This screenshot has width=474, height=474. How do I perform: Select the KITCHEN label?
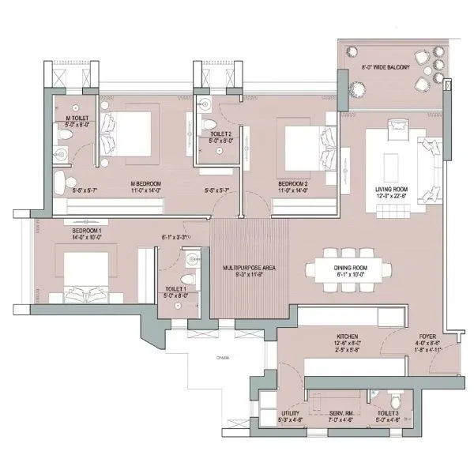[x=348, y=336]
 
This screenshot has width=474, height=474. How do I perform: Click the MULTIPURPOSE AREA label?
[x=248, y=269]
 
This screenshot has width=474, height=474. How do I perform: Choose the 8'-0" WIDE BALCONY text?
[x=386, y=68]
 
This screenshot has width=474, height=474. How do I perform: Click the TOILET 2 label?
[x=220, y=134]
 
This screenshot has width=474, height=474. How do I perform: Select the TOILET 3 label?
[x=388, y=412]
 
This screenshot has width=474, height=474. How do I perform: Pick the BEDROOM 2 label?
[x=292, y=184]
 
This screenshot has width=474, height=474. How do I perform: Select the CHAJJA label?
[x=224, y=358]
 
